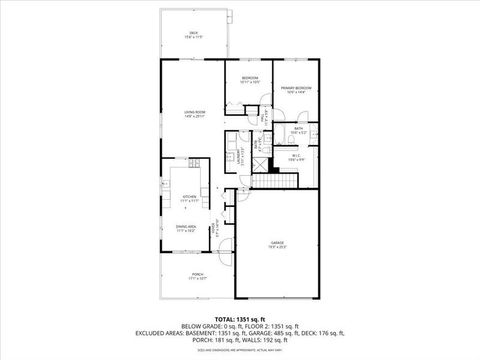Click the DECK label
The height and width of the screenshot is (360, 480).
pos(192,34)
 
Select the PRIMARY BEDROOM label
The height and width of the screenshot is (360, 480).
pos(295,89)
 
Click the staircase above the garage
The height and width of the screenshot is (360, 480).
pos(275,179)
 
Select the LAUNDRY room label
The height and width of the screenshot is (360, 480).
pos(239,155)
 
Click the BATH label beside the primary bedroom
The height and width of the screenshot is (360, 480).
pos(298,129)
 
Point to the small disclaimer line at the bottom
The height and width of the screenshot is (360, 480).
pos(239,350)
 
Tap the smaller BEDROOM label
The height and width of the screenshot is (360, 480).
pos(250,79)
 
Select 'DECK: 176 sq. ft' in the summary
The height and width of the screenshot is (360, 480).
pos(331,333)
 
